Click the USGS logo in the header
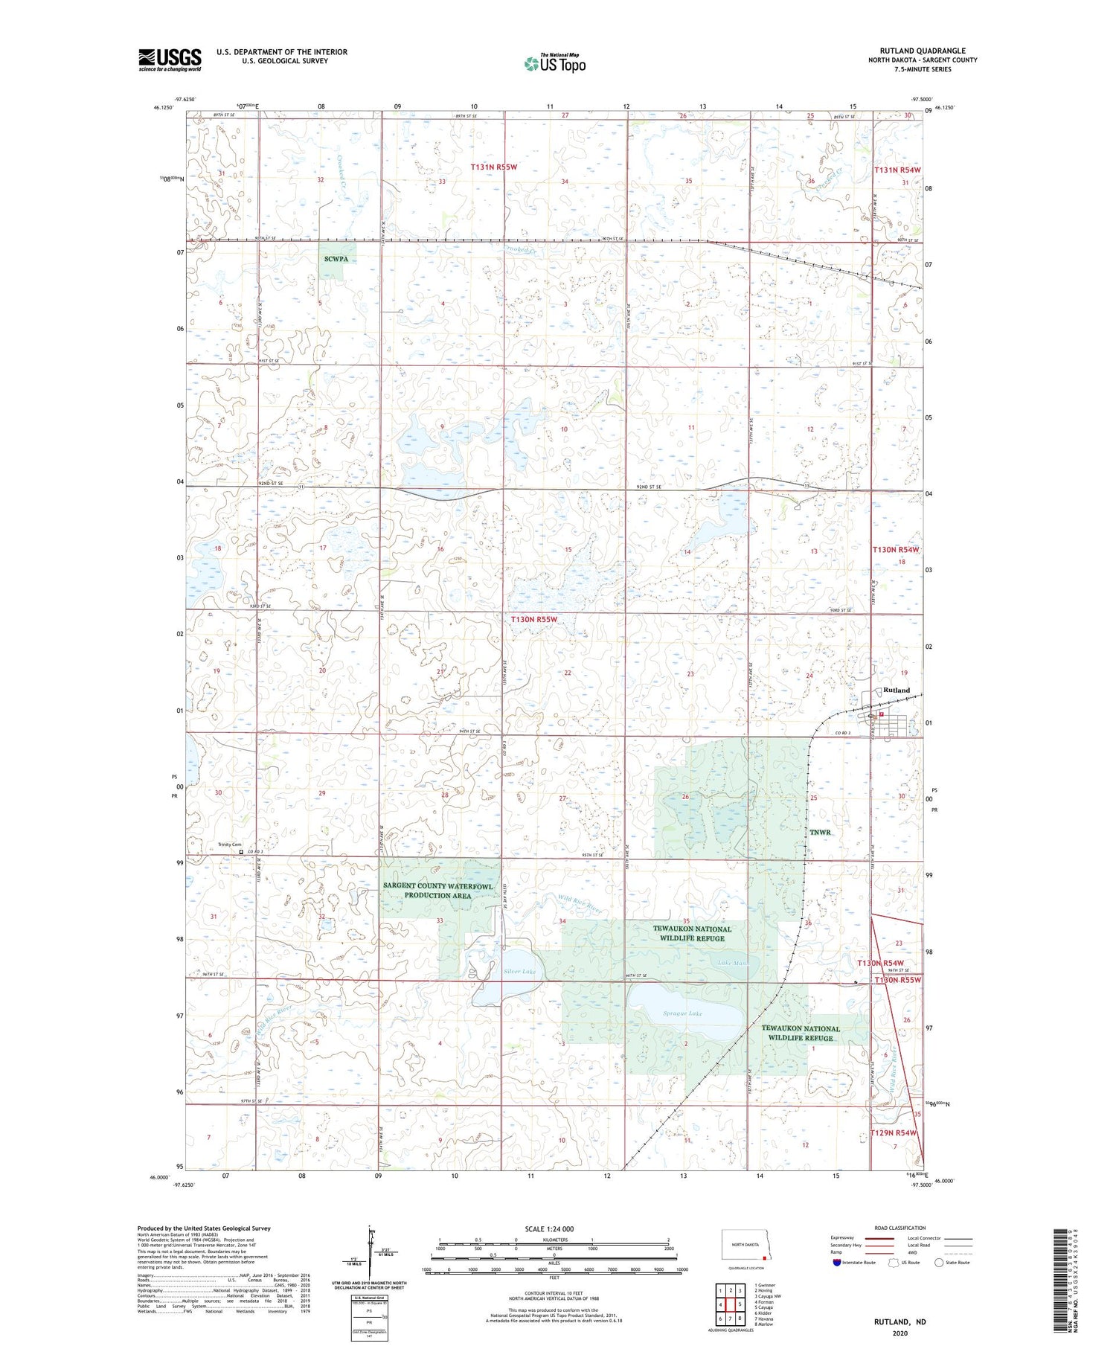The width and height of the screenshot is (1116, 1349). (x=170, y=60)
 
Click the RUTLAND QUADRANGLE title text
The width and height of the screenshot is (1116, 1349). (x=922, y=51)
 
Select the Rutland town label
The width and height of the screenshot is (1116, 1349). (x=896, y=690)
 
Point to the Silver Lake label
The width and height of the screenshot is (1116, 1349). (x=519, y=972)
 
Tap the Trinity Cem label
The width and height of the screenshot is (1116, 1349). (x=229, y=845)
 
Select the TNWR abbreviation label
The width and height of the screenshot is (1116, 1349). (x=819, y=832)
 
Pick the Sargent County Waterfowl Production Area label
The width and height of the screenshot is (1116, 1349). (x=437, y=890)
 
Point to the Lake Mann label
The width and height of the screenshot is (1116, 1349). (x=733, y=963)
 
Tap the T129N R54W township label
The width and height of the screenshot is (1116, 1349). (x=894, y=1132)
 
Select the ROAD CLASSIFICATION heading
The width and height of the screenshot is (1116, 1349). (x=899, y=1228)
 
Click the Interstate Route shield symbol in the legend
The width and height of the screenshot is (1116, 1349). (x=837, y=1263)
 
